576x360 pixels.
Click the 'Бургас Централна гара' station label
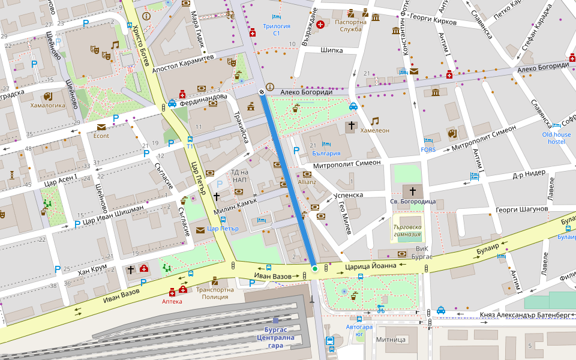(x=275, y=337)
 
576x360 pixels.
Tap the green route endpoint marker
(x=314, y=269)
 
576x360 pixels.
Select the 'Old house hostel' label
(x=556, y=138)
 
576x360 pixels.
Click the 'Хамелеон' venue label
(x=374, y=130)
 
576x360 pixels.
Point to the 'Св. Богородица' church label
(x=412, y=202)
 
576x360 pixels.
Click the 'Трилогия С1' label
(x=276, y=29)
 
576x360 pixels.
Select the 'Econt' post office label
(x=101, y=136)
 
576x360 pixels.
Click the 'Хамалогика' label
(x=47, y=105)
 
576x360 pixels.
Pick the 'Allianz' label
(x=307, y=181)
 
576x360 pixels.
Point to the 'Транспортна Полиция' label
(x=215, y=293)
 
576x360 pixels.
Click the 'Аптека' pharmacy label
(x=172, y=301)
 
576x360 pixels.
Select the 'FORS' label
(x=428, y=149)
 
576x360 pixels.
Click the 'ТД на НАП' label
(x=239, y=176)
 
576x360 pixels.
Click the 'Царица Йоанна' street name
(x=370, y=266)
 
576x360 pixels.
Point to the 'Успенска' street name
(x=349, y=195)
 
